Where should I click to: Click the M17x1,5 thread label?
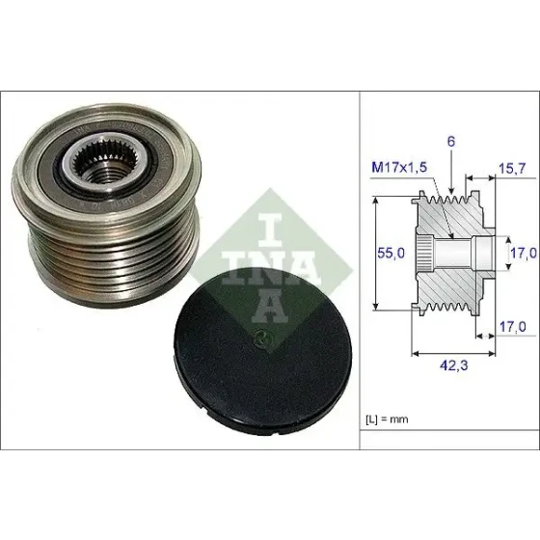(399, 168)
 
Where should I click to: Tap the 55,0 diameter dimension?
(391, 253)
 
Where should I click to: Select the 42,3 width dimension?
(454, 365)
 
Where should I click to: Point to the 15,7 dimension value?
(512, 169)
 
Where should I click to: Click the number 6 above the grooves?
(451, 142)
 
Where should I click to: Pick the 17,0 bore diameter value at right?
(523, 253)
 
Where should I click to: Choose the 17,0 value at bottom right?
(513, 327)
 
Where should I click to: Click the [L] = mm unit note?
(387, 419)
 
